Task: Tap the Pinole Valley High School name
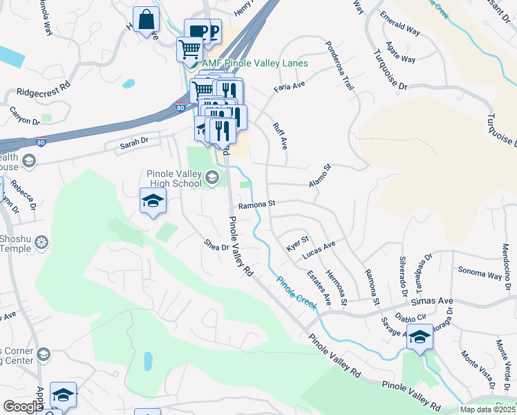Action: point(173,179)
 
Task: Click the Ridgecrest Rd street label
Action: point(44,90)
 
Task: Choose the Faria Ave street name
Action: point(289,86)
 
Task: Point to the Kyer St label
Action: point(297,243)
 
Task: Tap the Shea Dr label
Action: point(216,245)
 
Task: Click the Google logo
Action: point(22,407)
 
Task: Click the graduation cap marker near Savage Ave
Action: point(419,338)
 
